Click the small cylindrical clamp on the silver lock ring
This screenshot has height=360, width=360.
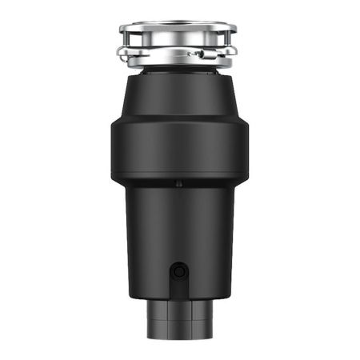click(x=201, y=54)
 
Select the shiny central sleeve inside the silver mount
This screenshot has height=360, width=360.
click(x=178, y=44)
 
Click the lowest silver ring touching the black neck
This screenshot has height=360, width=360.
click(x=178, y=63)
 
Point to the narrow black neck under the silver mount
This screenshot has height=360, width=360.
click(x=178, y=74)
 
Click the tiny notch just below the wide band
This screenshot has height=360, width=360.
click(x=178, y=184)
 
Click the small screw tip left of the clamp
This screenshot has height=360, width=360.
click(x=190, y=54)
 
